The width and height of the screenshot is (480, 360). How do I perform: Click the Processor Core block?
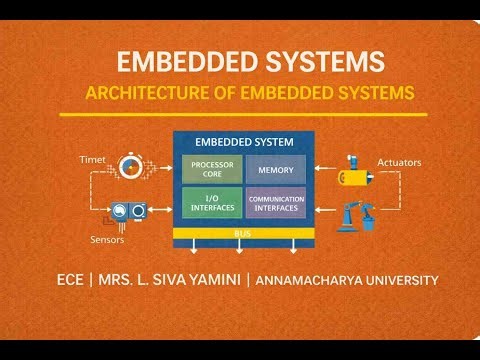coord(212,169)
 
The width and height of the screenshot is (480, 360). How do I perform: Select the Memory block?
coord(275,169)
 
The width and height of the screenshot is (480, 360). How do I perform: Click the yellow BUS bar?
coord(243,232)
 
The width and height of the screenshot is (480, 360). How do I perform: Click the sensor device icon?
coord(130,211)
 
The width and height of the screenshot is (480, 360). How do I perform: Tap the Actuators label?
coord(398,160)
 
